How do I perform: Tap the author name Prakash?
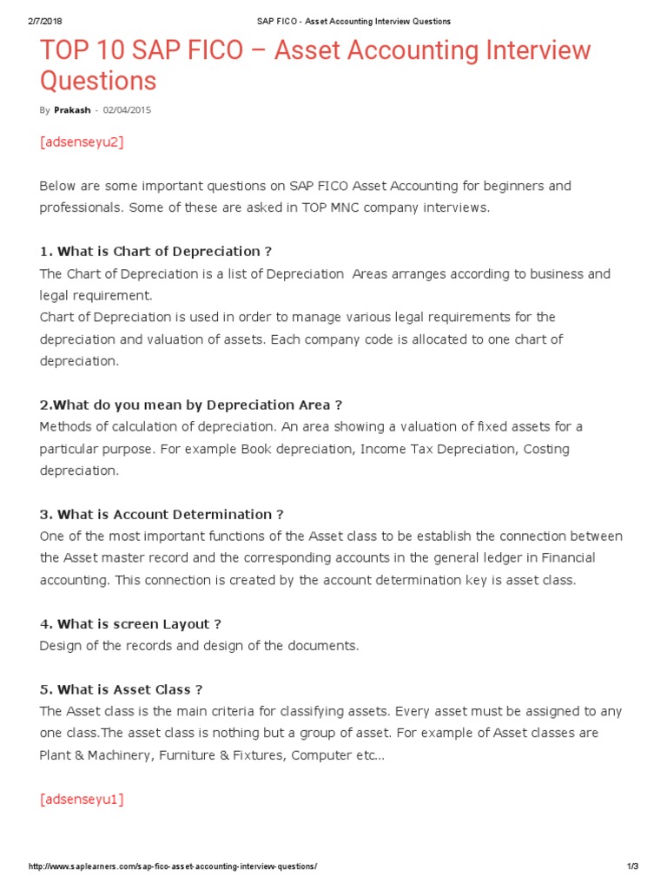(72, 110)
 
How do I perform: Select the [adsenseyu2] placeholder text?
(82, 142)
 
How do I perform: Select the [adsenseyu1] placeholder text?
(82, 800)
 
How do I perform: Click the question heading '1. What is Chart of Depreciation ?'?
(155, 252)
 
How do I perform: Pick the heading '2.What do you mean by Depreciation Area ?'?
(191, 405)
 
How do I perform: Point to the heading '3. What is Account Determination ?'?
(162, 514)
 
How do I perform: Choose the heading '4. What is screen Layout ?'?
(130, 623)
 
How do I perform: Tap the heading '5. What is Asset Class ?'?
(121, 689)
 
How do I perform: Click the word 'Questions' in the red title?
(98, 81)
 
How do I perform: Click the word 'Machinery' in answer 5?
(116, 755)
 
